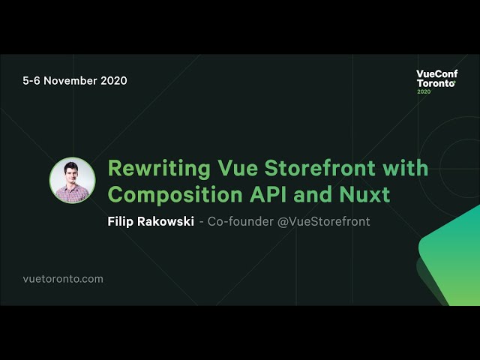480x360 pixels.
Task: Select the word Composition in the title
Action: tap(175, 195)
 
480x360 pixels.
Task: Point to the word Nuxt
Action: tap(364, 194)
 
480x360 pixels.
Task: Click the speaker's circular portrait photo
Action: tap(72, 180)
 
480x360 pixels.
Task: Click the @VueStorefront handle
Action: tap(323, 221)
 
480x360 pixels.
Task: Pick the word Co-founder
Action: tap(241, 221)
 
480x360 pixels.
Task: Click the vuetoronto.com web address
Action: tap(63, 279)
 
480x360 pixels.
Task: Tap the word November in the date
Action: tap(70, 80)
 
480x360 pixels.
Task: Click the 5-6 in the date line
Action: tap(31, 80)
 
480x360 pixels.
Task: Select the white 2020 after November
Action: tap(114, 80)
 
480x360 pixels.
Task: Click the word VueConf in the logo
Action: tap(436, 73)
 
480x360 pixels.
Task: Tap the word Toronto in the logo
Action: tap(436, 83)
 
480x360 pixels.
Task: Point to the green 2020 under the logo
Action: tap(424, 91)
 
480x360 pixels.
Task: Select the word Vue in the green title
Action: tap(238, 168)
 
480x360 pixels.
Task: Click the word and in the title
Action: tap(313, 194)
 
